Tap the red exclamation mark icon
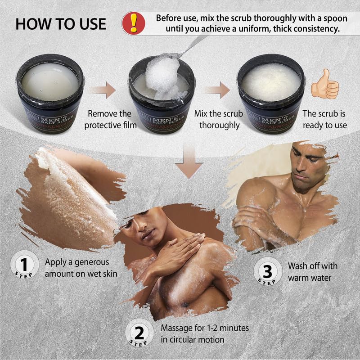[x=134, y=22]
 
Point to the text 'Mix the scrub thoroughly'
[x=219, y=119]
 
